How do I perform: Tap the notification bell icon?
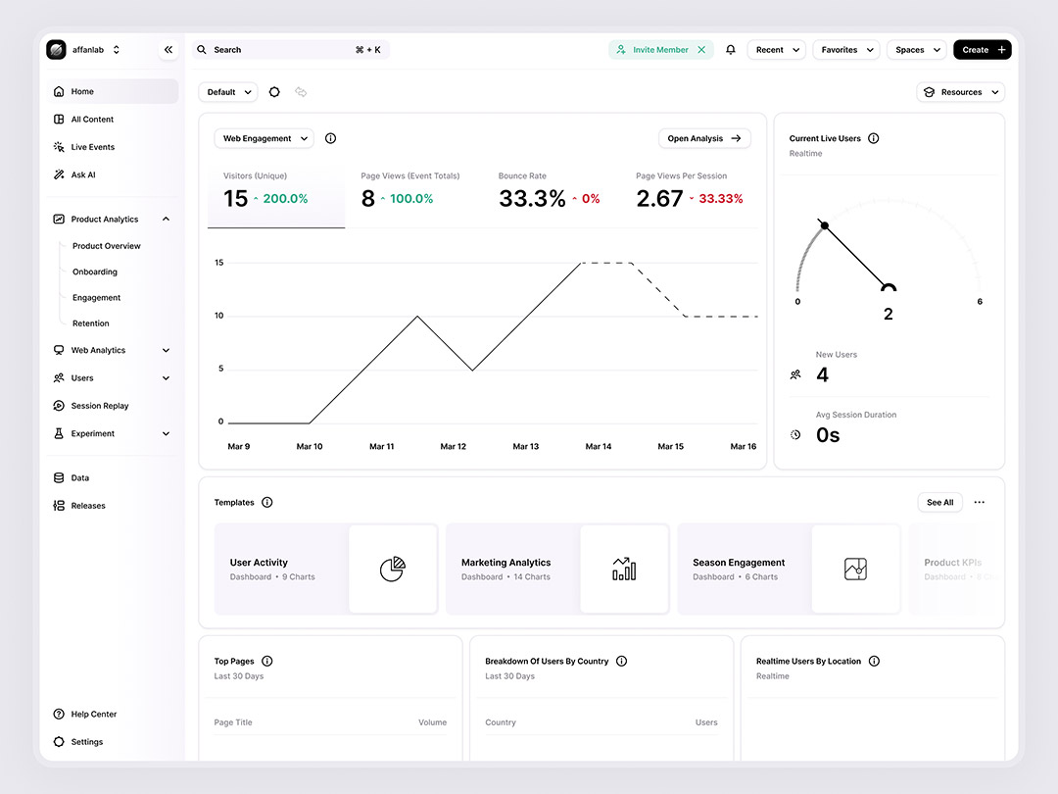pos(730,50)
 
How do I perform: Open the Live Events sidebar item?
pos(92,147)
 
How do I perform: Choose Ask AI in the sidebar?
pos(83,174)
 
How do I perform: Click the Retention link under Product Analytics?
pos(91,323)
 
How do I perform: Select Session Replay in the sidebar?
pos(100,406)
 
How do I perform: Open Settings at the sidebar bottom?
pos(86,742)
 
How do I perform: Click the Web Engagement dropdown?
pos(264,139)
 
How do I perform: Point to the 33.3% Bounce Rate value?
pos(532,199)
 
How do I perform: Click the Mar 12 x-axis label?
pos(454,447)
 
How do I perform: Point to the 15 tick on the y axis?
pos(218,263)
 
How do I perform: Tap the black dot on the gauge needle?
pos(825,225)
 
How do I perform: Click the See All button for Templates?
pos(939,503)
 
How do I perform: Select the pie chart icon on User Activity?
pos(392,570)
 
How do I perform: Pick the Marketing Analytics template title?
pos(505,563)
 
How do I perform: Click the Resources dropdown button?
pos(960,92)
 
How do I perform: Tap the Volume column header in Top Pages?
pos(432,722)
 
